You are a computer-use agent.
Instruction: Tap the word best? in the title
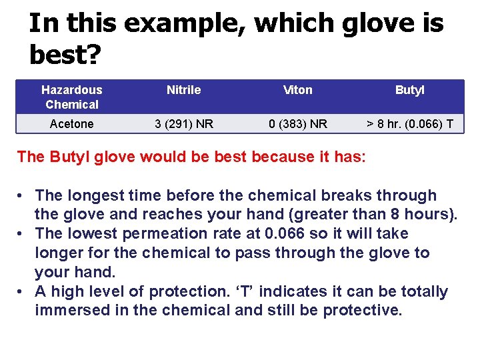tap(64, 55)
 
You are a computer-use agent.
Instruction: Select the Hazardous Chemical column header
tap(72, 97)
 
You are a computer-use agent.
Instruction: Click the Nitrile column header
tap(183, 90)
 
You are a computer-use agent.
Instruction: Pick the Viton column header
tap(297, 90)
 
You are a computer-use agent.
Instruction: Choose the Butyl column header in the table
tap(409, 90)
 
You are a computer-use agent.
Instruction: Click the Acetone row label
tap(72, 124)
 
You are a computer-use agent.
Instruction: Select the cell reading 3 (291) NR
tap(183, 124)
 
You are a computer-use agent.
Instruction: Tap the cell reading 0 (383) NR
tap(297, 124)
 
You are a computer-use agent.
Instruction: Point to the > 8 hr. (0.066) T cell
tap(409, 124)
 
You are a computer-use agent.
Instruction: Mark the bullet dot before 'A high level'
tap(22, 291)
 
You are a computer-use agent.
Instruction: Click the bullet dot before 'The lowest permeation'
tap(22, 234)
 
